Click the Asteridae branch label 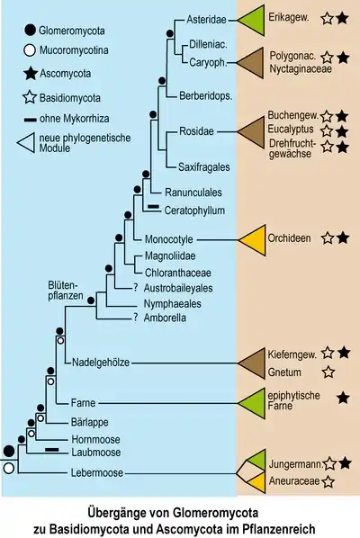206,20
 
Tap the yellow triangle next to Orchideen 255,240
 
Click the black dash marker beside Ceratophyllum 153,206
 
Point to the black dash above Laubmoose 52,449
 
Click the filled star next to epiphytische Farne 343,398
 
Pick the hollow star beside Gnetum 328,372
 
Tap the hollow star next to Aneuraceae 328,481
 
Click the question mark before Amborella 136,318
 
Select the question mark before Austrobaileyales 136,288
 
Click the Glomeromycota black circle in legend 31,31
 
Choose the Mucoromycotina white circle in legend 30,50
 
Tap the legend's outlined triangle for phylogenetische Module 27,143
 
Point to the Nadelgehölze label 101,363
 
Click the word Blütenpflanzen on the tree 66,291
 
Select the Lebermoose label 97,473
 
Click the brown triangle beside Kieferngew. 252,363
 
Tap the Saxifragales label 204,167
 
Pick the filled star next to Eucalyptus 342,131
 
